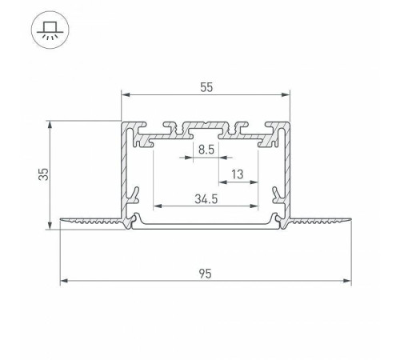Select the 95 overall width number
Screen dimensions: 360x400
[x=206, y=273]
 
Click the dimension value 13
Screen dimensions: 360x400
[x=238, y=174]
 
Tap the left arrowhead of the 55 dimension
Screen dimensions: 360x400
[x=125, y=94]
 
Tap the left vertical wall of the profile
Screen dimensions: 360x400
[x=125, y=176]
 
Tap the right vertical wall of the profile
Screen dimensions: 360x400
[x=286, y=176]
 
